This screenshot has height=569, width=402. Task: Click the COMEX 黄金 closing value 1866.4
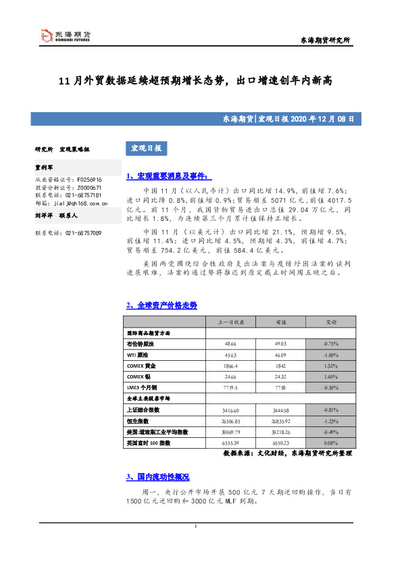point(230,365)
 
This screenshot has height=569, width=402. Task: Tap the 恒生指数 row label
point(137,421)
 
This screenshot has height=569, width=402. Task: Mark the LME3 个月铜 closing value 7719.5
point(230,388)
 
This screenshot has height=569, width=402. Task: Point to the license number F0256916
point(82,179)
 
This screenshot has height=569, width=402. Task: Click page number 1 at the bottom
point(195,526)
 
